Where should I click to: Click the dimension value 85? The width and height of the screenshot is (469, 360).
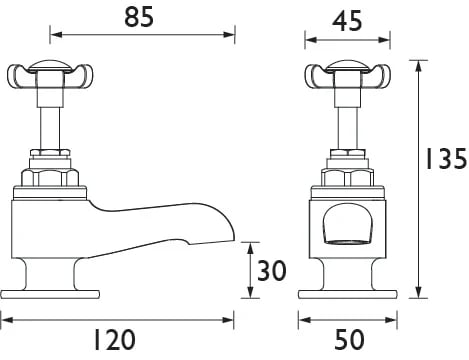(139, 17)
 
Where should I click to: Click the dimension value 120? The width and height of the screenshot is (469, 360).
(114, 340)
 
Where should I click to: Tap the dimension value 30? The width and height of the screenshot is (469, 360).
(272, 270)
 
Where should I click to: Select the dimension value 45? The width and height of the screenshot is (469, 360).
(347, 21)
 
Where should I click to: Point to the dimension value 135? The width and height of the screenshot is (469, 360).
(446, 158)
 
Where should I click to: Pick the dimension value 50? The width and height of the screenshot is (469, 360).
(349, 340)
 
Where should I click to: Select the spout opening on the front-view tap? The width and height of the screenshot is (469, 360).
(347, 226)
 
